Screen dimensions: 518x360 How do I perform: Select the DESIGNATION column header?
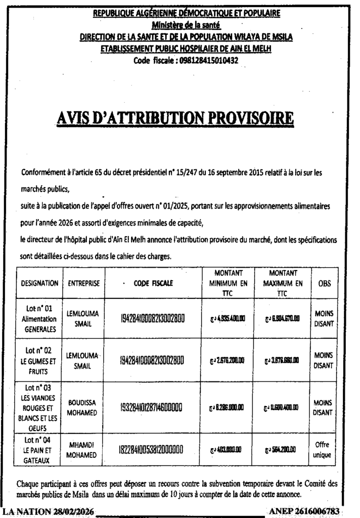[x=39, y=284]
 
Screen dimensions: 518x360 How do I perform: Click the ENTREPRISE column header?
[x=83, y=284]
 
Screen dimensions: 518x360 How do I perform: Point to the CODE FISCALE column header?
[x=153, y=284]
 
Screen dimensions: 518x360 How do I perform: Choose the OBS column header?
[x=324, y=284]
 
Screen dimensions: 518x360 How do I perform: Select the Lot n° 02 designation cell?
[x=38, y=360]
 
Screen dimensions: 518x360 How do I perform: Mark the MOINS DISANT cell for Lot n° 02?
[x=323, y=360]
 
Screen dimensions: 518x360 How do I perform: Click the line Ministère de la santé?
[x=187, y=24]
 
